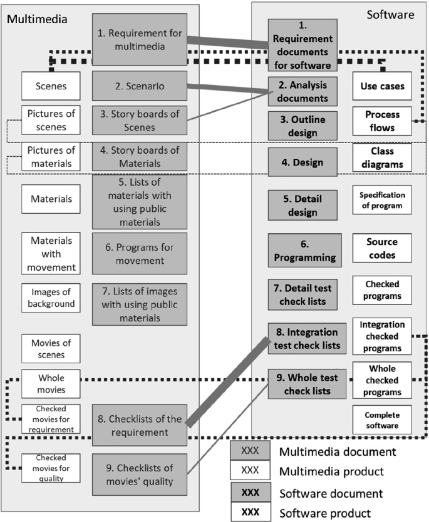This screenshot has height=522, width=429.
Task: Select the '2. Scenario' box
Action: [x=140, y=86]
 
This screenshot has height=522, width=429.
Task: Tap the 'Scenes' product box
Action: [x=53, y=86]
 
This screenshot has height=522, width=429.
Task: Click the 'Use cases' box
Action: [x=382, y=86]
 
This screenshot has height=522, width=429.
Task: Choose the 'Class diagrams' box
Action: [x=382, y=158]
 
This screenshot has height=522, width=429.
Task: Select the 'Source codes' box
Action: [x=382, y=249]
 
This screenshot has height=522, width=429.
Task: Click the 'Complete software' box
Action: [x=382, y=420]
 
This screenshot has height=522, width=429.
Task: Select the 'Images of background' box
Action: [x=53, y=299]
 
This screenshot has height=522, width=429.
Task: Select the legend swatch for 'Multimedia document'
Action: [x=250, y=450]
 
